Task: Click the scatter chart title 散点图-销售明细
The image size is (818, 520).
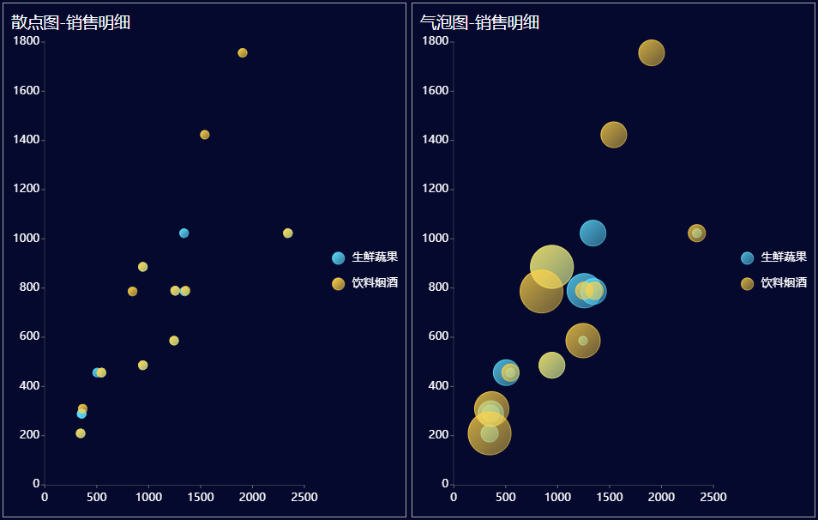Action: (x=70, y=22)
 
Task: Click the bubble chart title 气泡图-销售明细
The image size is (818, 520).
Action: (x=479, y=22)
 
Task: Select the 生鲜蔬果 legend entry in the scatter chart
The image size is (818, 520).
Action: (x=365, y=257)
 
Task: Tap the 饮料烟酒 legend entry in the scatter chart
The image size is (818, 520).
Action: (x=365, y=283)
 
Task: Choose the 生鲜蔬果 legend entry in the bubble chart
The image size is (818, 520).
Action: (x=774, y=257)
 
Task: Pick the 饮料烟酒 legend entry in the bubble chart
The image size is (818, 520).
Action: (x=774, y=283)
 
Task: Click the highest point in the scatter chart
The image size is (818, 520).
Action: (x=243, y=53)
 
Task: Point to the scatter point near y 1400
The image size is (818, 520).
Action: (x=205, y=135)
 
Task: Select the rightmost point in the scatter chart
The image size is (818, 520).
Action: (x=288, y=233)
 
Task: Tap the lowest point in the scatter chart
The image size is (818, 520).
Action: (x=81, y=433)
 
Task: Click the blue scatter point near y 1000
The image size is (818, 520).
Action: (x=184, y=233)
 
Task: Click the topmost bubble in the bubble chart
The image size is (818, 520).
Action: (x=652, y=52)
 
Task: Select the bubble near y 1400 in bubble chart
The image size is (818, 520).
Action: (x=614, y=135)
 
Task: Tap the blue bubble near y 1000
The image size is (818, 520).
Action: (x=593, y=233)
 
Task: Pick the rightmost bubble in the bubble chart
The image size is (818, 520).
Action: (x=697, y=233)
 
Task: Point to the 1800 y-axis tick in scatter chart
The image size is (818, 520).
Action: (x=27, y=41)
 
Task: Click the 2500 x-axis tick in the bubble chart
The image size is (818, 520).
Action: (x=713, y=497)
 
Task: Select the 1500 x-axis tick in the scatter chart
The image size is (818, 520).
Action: (x=201, y=497)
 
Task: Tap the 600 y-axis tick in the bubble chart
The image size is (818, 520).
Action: (x=438, y=336)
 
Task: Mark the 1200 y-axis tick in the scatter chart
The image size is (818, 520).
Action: (x=27, y=189)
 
